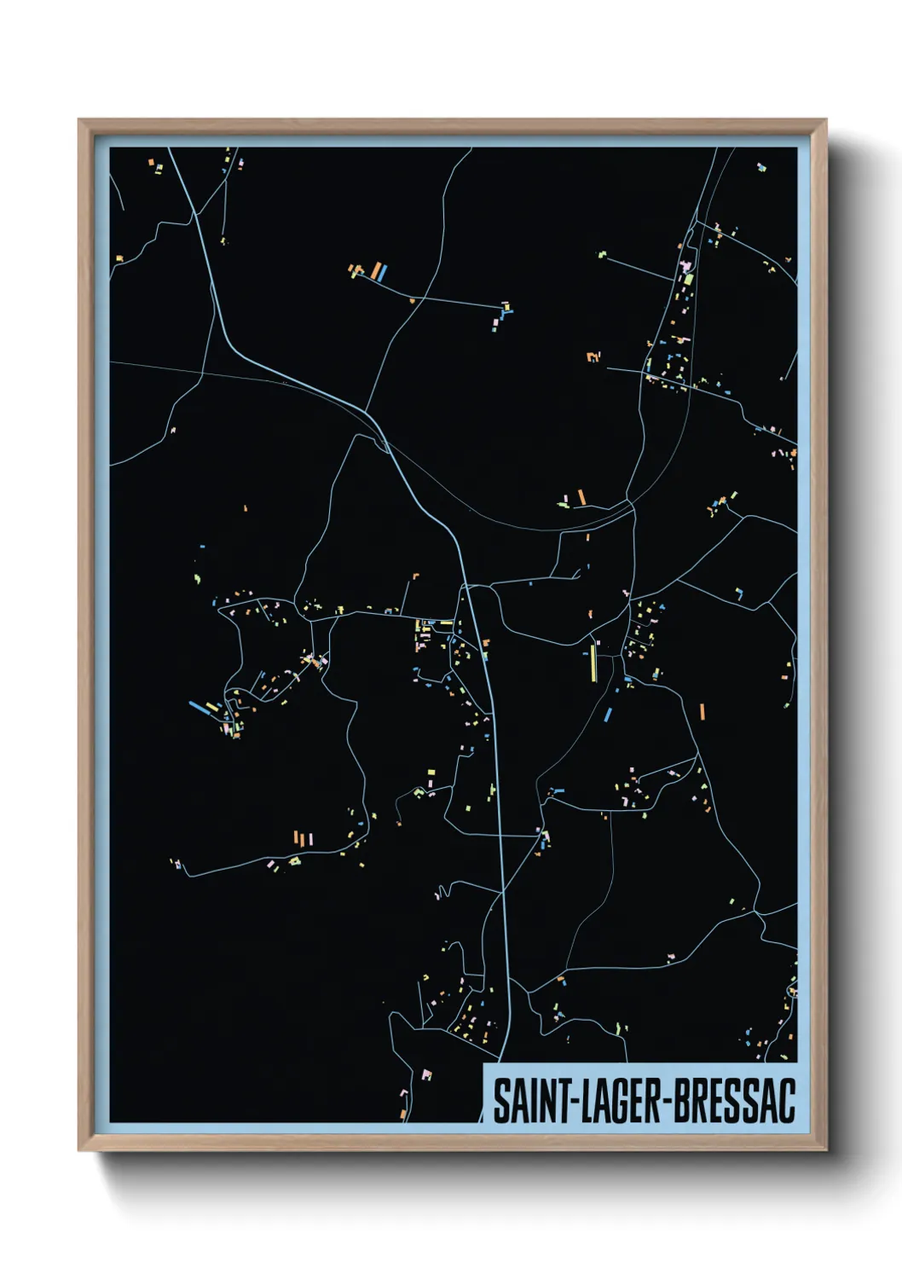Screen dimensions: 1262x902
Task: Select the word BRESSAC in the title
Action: (x=734, y=1102)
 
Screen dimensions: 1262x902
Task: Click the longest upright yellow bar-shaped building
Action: (x=593, y=663)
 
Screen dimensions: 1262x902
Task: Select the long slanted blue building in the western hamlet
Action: (x=199, y=707)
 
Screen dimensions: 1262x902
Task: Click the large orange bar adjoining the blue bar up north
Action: (x=374, y=272)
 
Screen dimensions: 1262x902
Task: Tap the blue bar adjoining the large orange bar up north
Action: (x=384, y=273)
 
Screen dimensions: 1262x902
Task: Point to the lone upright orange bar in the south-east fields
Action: (x=702, y=712)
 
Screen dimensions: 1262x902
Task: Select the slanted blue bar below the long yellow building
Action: (x=608, y=715)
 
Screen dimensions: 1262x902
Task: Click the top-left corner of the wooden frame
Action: (x=79, y=120)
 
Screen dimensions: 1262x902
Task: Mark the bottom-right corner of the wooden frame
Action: (x=825, y=1150)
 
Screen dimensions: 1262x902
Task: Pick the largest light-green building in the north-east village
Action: (x=688, y=279)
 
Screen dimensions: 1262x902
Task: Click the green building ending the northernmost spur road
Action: (x=601, y=253)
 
